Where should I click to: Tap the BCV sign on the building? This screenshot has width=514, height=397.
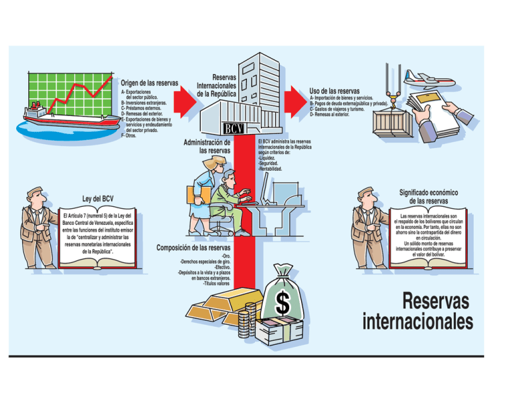233,128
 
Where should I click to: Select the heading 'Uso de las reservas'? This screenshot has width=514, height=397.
335,90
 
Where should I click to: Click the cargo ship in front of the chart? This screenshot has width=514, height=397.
57,117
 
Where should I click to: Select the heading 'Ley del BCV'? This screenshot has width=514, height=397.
97,200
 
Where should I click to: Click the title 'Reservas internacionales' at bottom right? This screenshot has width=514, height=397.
418,311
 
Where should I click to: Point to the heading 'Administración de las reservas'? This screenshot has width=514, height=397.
207,146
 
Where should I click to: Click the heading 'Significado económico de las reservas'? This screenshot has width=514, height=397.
427,196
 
